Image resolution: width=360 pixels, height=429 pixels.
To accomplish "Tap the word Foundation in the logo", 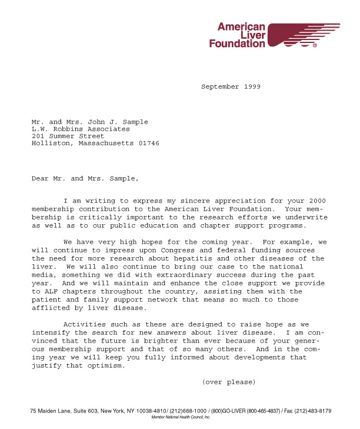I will point(237,44).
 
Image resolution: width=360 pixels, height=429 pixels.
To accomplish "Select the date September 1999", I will point(231,87).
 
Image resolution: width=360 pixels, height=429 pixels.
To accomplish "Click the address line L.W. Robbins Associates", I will point(81,129).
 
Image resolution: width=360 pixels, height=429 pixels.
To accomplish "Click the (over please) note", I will point(228,383).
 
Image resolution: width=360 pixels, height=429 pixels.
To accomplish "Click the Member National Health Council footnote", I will point(181,417).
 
